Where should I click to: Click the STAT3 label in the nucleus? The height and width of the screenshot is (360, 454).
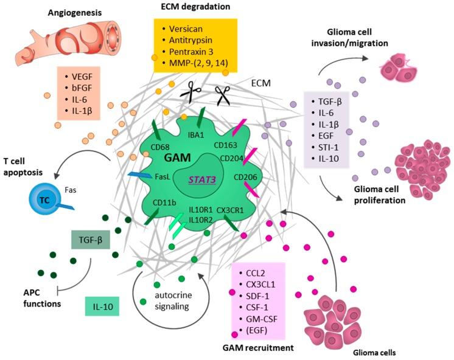coord(198,179)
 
